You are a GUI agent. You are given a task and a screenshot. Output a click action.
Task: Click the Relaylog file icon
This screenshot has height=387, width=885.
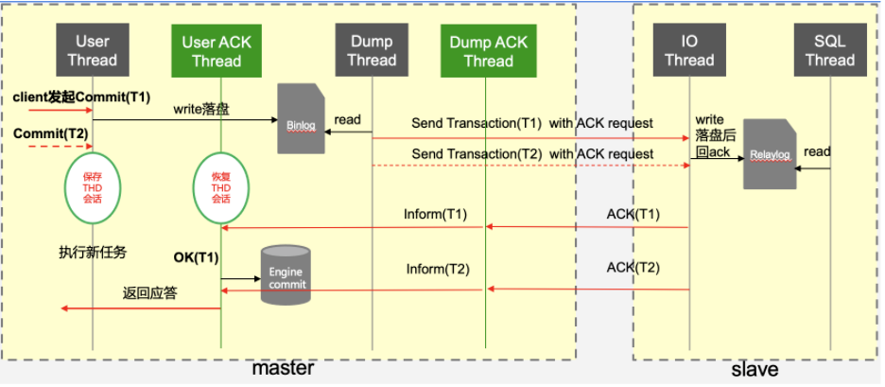click(768, 151)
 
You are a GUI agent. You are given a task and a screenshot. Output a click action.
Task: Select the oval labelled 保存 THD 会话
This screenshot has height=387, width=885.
click(92, 186)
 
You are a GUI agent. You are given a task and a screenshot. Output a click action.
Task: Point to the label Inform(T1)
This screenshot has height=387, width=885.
click(435, 214)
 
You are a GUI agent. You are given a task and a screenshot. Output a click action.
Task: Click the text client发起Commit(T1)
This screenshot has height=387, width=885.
click(81, 97)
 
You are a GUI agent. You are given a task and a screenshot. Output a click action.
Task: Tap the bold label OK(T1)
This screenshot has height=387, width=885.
click(196, 257)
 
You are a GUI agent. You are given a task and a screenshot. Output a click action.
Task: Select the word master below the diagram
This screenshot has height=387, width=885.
click(283, 369)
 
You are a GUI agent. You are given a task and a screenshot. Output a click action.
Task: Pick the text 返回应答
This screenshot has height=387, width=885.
click(150, 294)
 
